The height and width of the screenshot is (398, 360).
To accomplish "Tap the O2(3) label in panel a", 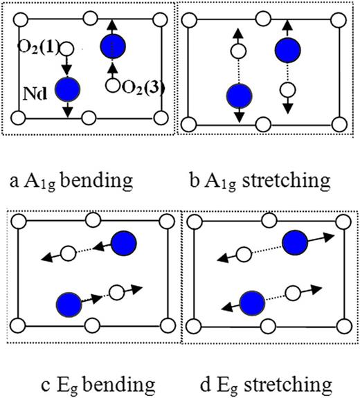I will [141, 87].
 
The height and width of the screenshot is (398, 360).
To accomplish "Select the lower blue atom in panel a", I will [68, 88].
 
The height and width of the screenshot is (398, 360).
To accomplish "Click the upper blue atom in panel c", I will [125, 243].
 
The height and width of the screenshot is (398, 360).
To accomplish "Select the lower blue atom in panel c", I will [68, 302].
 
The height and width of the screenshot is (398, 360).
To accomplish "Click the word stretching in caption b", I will [283, 181].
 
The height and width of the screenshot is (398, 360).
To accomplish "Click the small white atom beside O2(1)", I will [67, 48].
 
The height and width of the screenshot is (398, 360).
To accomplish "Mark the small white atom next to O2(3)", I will [112, 86].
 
